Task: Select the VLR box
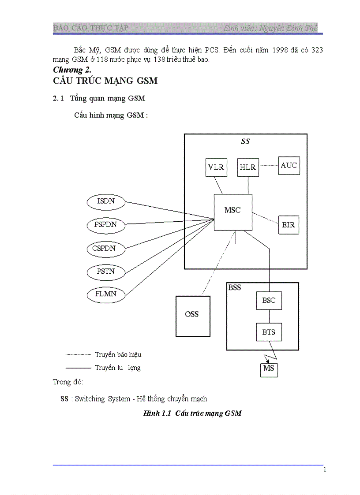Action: point(216,167)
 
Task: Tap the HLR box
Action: point(248,167)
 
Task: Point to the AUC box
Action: point(289,166)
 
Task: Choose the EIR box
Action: point(289,225)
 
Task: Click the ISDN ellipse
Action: point(105,202)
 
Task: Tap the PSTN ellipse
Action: point(105,271)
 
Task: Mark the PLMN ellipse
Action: point(105,294)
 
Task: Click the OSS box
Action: point(192,314)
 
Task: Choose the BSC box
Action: point(269,301)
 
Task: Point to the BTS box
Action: point(269,332)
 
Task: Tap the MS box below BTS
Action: point(269,368)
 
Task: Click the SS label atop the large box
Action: point(245,141)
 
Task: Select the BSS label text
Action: point(235,287)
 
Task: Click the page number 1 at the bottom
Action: point(325,470)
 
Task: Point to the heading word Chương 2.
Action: point(72,70)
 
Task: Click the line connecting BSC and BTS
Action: point(269,316)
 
